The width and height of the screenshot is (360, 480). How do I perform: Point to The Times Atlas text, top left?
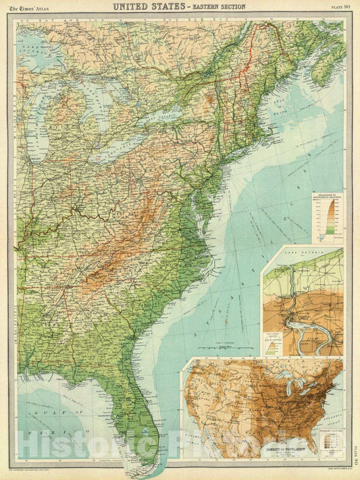pyautogui.click(x=33, y=7)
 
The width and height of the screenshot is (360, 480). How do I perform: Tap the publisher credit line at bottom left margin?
pyautogui.click(x=41, y=470)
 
